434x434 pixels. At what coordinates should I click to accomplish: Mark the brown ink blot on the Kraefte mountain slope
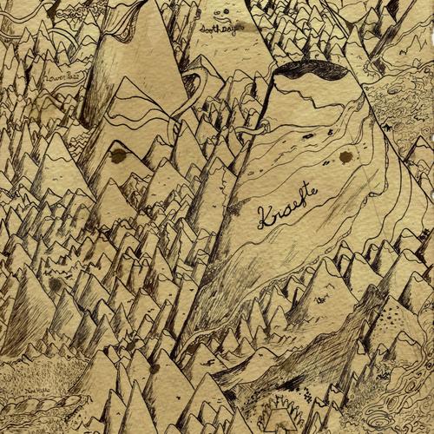coord(345,156)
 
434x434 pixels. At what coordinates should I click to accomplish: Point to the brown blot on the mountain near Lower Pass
coord(118,156)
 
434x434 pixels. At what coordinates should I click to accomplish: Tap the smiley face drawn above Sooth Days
coord(223,11)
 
